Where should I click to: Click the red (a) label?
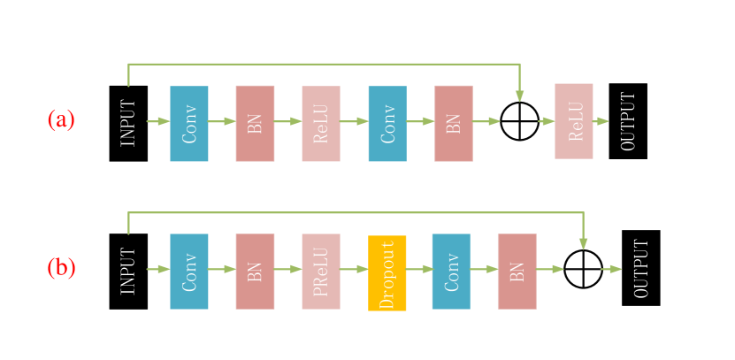point(61,119)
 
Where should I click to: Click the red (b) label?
point(61,267)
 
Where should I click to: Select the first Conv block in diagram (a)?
point(189,124)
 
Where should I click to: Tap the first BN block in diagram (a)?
point(255,124)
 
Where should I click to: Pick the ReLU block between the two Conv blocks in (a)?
point(320,124)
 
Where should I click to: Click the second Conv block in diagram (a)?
point(387,124)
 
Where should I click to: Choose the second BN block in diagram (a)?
point(454,124)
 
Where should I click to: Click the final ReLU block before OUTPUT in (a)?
point(574,121)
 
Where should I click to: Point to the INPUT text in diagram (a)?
point(129,122)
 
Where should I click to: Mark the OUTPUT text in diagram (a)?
point(629,121)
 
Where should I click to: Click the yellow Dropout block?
point(387,272)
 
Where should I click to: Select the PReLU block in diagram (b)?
point(320,272)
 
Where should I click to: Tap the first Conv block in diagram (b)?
point(189,272)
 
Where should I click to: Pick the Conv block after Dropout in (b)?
point(451,272)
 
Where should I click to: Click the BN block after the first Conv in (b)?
point(255,272)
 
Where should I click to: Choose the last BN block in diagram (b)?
point(517,272)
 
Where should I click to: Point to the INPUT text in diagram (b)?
point(129,271)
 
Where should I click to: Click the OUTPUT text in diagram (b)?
point(642,269)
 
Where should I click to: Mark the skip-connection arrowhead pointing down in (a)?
point(520,96)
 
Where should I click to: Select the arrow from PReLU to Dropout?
point(354,269)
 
